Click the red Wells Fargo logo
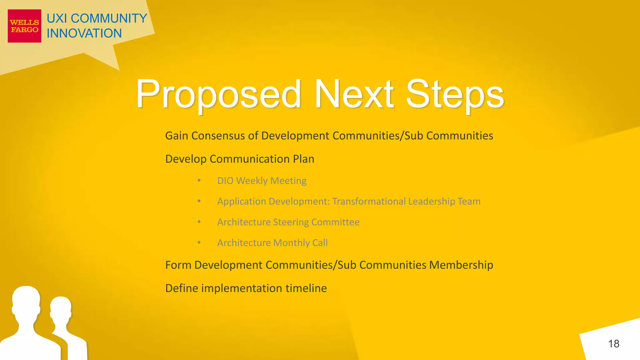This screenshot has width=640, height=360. click(24, 26)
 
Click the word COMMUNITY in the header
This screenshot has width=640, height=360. click(109, 18)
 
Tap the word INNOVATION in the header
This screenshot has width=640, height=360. click(84, 33)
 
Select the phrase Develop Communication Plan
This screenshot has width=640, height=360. click(239, 159)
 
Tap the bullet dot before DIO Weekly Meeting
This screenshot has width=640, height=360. click(199, 181)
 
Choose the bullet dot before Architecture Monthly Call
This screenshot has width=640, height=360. click(199, 242)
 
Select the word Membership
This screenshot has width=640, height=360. click(461, 265)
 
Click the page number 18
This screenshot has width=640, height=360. click(613, 344)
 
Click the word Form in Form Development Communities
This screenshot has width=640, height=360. click(178, 265)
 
